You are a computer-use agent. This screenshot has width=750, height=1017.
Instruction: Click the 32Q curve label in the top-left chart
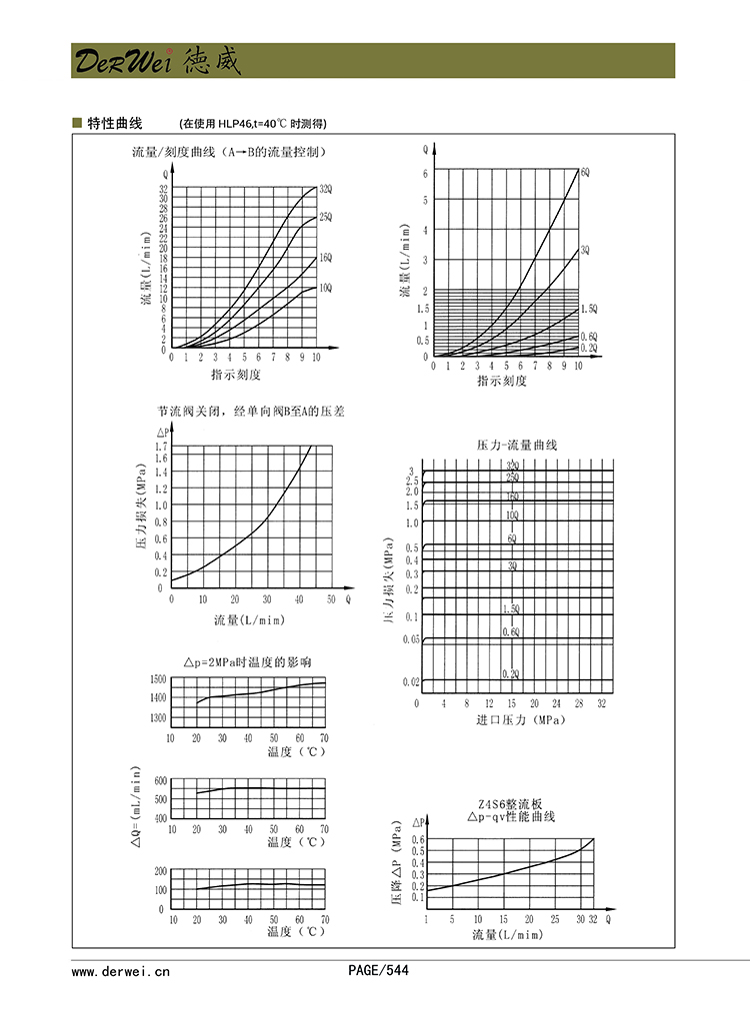(x=326, y=189)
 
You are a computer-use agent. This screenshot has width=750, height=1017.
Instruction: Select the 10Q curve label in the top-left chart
(x=326, y=288)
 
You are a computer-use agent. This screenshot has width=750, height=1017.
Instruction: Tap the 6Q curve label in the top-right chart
(x=585, y=172)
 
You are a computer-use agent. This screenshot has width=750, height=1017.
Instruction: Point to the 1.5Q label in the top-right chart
(x=589, y=310)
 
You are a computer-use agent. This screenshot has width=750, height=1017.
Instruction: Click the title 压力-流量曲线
(x=517, y=445)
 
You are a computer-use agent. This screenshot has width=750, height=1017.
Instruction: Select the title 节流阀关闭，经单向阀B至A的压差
(x=250, y=412)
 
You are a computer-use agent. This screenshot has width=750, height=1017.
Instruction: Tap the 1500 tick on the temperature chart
(x=156, y=680)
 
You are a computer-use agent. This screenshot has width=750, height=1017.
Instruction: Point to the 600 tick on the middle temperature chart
(x=160, y=779)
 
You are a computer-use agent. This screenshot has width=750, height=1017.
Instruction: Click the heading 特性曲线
(x=115, y=124)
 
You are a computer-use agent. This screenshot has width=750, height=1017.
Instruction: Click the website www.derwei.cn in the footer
(x=121, y=970)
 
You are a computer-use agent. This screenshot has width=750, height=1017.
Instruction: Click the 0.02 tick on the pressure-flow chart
(x=411, y=681)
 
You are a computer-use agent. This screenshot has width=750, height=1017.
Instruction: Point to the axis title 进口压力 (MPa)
(x=521, y=719)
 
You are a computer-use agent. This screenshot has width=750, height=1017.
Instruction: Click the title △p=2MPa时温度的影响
(x=248, y=662)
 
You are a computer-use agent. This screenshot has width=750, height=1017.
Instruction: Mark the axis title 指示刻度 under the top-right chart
(x=502, y=381)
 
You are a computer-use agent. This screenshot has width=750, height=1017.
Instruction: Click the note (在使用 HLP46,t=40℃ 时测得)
(x=252, y=124)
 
